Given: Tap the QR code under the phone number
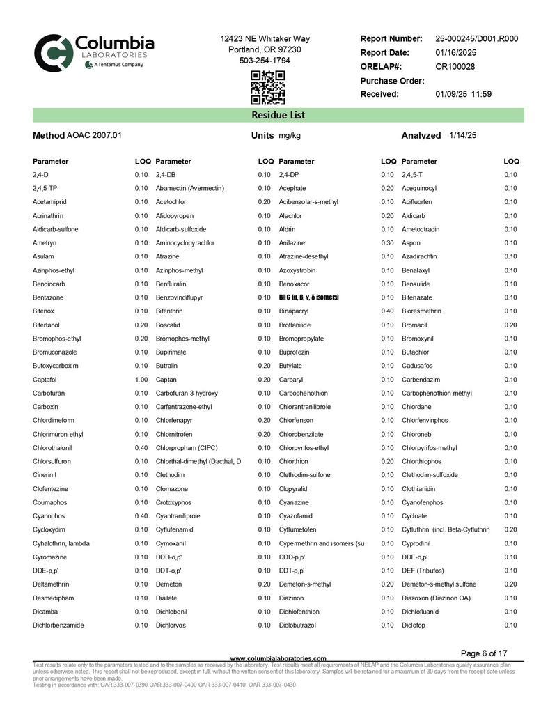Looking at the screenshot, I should [267, 88].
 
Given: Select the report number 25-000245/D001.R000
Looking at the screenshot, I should [476, 39].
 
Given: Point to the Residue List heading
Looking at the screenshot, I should [278, 115].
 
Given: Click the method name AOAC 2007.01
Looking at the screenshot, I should [94, 135].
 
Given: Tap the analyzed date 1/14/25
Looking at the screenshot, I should [463, 135].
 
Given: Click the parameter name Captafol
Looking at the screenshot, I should [45, 380].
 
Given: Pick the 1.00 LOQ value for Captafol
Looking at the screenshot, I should [141, 380].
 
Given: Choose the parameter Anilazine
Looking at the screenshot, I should [292, 243].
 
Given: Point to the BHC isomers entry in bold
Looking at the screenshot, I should [308, 297].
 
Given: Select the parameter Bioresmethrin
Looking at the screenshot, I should [425, 311].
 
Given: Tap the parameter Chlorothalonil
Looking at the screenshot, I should [52, 448].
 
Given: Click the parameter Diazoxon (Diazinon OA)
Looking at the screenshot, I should [436, 598].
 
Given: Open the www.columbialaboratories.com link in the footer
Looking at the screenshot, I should [278, 658].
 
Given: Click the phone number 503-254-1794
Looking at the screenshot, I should [265, 61].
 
